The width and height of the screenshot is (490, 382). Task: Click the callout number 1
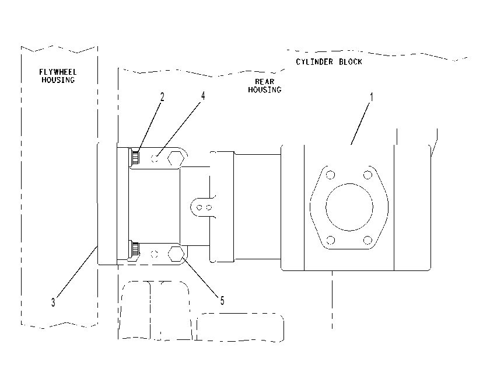(372, 97)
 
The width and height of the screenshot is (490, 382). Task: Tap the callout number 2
(162, 97)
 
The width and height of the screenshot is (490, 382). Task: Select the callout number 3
(53, 302)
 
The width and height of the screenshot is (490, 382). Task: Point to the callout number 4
(203, 96)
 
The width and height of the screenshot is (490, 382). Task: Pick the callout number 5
(222, 301)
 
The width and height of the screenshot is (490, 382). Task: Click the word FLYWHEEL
(58, 72)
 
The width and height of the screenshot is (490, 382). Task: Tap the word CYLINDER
(314, 62)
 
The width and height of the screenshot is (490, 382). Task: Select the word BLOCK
(351, 62)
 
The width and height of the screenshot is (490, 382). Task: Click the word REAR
(265, 82)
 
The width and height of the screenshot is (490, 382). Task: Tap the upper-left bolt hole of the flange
(330, 175)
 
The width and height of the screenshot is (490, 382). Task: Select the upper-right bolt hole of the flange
(368, 175)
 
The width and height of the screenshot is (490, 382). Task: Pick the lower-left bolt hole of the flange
(330, 240)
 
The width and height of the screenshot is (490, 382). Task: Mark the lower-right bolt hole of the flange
(368, 240)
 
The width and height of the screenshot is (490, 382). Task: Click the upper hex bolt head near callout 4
(176, 159)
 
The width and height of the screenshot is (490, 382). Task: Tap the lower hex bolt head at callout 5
(176, 254)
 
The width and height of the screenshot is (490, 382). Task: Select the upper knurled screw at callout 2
(134, 157)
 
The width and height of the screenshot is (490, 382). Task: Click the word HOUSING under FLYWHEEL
(58, 80)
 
